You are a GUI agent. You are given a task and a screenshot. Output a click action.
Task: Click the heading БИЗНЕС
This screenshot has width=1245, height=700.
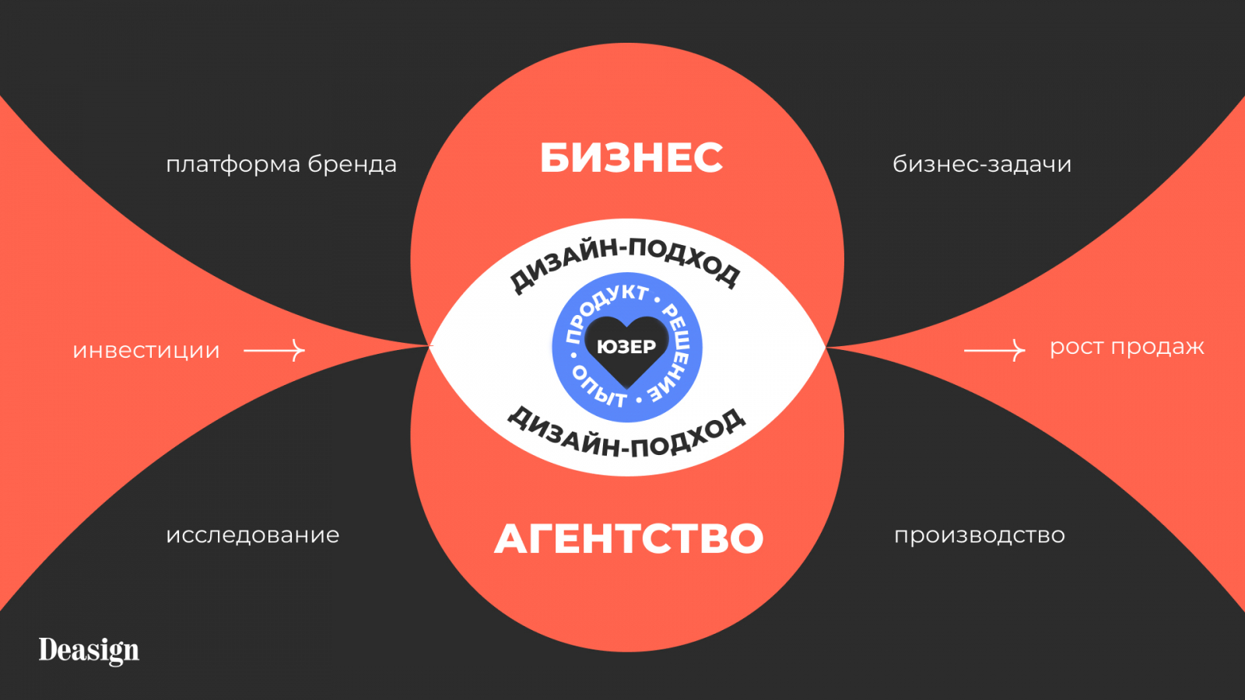coord(631,157)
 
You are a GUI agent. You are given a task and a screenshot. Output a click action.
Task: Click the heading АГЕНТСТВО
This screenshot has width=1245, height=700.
coord(629,538)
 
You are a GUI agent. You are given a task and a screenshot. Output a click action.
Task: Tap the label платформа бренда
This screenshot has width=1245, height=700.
coord(281,165)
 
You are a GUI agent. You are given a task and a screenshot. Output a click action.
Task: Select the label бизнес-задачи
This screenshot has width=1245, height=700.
coord(982,164)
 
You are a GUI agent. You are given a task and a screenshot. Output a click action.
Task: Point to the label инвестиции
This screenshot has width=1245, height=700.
coord(146,351)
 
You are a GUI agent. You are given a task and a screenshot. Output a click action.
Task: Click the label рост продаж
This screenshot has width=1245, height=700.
coord(1127,347)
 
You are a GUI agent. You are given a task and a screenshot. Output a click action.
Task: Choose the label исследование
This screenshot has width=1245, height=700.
coord(253,535)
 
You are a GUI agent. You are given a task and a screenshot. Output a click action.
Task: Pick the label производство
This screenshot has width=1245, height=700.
coord(980,535)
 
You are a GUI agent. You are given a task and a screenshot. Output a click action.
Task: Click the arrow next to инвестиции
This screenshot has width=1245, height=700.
coord(274,351)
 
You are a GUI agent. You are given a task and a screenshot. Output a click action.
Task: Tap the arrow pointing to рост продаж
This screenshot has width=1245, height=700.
coord(994,351)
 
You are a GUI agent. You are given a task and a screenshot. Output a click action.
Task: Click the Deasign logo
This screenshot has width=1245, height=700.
coord(89,650)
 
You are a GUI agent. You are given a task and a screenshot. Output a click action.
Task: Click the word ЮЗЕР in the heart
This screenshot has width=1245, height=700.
coord(626,347)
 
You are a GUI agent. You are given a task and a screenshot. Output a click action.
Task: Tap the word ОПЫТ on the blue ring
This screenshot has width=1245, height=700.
coord(598,387)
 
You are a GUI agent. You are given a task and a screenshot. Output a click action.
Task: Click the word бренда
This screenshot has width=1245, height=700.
coord(352,165)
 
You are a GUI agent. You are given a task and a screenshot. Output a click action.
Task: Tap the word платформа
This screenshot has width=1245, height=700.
coord(233,165)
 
